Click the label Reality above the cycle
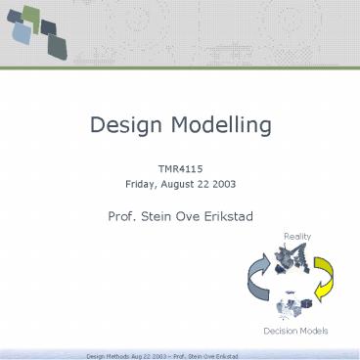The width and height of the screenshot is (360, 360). click(x=296, y=237)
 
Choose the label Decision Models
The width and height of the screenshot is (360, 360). click(x=296, y=332)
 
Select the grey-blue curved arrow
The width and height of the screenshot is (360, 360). click(x=257, y=283)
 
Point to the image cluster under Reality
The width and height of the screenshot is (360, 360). click(x=295, y=259)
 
